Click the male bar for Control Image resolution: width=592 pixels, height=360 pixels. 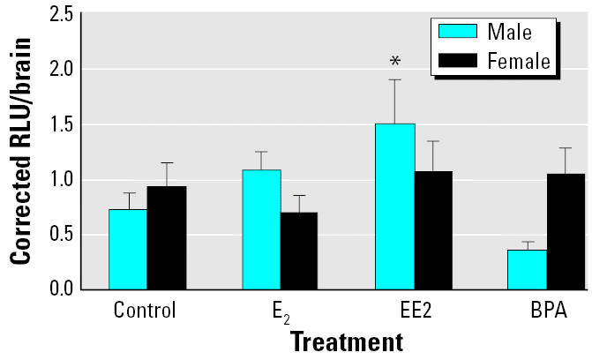[x=128, y=249]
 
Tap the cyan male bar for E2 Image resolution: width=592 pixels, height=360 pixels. [x=262, y=229]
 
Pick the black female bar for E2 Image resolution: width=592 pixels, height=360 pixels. [x=299, y=251]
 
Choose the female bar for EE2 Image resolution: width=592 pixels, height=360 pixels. [x=433, y=230]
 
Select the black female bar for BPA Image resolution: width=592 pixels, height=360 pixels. [x=565, y=231]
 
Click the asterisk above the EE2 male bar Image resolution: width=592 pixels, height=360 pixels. [x=395, y=61]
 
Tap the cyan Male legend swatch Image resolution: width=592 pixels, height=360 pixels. [x=458, y=32]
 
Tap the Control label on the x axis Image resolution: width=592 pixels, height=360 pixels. [x=146, y=311]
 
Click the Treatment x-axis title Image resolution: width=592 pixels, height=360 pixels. [x=346, y=341]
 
